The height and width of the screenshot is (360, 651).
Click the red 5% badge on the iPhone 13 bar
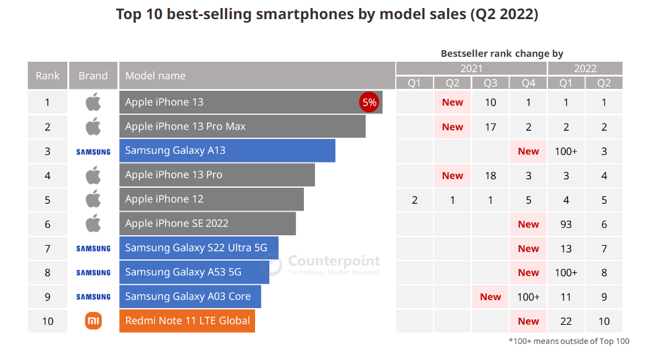pos(369,103)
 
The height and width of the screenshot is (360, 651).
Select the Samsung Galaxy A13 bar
pos(227,151)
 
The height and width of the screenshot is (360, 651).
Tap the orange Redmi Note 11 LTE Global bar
pos(187,321)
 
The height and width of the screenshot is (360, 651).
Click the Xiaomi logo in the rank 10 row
pos(93,321)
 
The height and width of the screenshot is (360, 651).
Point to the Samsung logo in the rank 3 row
pos(93,151)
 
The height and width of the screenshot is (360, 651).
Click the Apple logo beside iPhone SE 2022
pos(93,224)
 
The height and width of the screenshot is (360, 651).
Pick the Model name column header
pos(257,76)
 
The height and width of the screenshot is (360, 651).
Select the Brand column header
pos(93,76)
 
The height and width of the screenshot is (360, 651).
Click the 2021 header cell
pos(471,69)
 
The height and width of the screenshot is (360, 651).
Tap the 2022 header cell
pos(585,69)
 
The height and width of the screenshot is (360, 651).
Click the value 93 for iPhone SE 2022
pos(566,224)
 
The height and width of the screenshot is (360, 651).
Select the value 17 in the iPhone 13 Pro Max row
pos(490,127)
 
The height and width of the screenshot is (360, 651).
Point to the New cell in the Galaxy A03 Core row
pos(490,297)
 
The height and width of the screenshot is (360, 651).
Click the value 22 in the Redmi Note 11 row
pos(566,321)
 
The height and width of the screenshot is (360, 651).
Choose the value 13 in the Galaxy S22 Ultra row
pos(566,248)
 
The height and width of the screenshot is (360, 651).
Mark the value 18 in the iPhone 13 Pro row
pos(490,175)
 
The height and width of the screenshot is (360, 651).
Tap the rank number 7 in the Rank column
pos(48,248)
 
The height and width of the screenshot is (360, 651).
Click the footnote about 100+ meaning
pos(569,341)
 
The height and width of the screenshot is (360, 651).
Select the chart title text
pos(327,14)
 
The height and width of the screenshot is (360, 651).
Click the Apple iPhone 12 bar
pos(211,199)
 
